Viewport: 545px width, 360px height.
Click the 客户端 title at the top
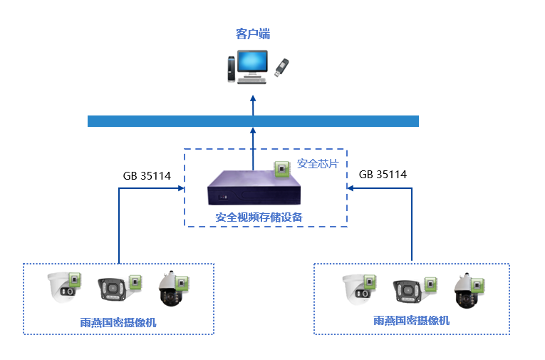[x=253, y=34]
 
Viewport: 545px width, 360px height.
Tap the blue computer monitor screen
[x=252, y=61]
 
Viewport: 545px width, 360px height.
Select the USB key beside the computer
[x=281, y=68]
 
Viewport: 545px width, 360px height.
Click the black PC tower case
[x=232, y=69]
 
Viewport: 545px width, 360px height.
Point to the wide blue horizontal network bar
[x=253, y=121]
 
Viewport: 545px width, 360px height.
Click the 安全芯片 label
[x=318, y=163]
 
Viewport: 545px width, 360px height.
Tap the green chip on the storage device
[x=282, y=169]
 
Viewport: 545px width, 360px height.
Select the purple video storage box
[x=254, y=187]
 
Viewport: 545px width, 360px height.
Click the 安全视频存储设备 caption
[x=259, y=217]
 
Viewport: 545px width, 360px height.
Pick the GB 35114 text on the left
[x=147, y=176]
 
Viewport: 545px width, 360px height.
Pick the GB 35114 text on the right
[x=383, y=175]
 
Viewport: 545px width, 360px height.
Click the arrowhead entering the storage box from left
[x=181, y=188]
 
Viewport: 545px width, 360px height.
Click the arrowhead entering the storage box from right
[x=351, y=188]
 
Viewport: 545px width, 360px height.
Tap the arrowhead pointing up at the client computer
[x=253, y=98]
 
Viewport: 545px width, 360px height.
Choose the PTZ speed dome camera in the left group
[x=172, y=289]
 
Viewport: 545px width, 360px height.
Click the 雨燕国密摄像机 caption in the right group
[x=412, y=320]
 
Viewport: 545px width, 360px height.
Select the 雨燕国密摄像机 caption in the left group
[x=118, y=322]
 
